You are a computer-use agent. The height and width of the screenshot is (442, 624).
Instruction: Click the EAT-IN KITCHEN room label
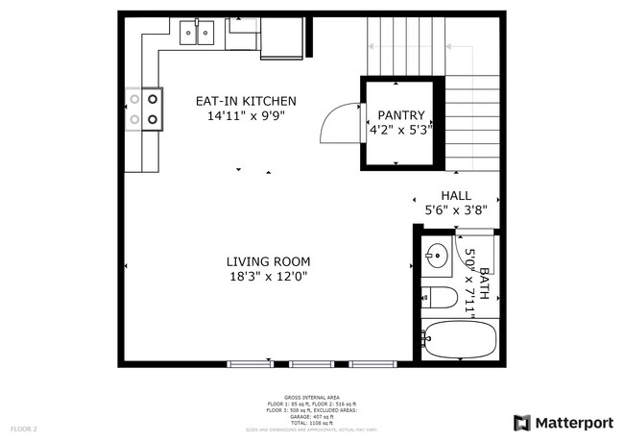pyautogui.click(x=246, y=101)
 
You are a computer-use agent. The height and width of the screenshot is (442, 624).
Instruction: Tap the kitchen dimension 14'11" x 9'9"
pyautogui.click(x=246, y=116)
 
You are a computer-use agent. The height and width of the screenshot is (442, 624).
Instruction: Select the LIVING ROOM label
pyautogui.click(x=268, y=261)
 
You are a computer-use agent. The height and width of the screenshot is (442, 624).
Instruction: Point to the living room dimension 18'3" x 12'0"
pyautogui.click(x=268, y=277)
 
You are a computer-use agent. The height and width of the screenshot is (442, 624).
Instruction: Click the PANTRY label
pyautogui.click(x=400, y=115)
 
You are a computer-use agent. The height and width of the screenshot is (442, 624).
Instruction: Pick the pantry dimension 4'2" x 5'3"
pyautogui.click(x=400, y=130)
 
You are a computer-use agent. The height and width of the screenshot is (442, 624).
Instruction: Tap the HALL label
pyautogui.click(x=456, y=194)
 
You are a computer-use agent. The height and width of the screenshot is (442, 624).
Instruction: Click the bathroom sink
pyautogui.click(x=437, y=256)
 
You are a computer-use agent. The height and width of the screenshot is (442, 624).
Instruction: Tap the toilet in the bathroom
pyautogui.click(x=438, y=297)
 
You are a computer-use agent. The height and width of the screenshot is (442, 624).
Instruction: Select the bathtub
pyautogui.click(x=459, y=339)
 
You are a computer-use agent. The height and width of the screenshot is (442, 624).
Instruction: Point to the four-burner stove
pyautogui.click(x=141, y=109)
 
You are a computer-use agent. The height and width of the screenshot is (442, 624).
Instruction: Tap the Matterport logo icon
pyautogui.click(x=521, y=423)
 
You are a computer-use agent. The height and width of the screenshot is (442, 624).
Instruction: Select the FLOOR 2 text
pyautogui.click(x=24, y=428)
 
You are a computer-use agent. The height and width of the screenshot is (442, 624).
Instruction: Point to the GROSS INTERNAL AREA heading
pyautogui.click(x=312, y=396)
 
